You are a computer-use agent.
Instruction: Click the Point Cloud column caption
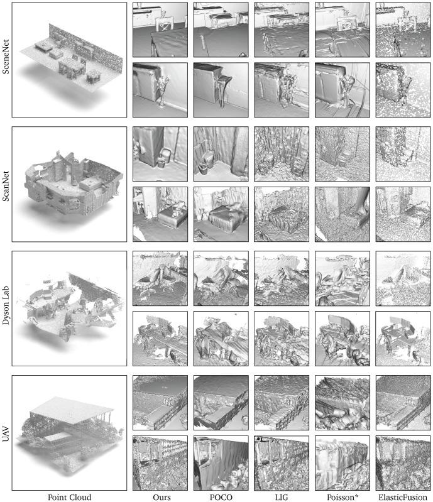pos(70,497)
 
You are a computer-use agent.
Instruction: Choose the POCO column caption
pos(220,497)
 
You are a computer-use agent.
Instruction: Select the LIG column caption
pos(280,497)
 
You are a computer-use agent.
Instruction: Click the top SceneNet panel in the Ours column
pos(159,30)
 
